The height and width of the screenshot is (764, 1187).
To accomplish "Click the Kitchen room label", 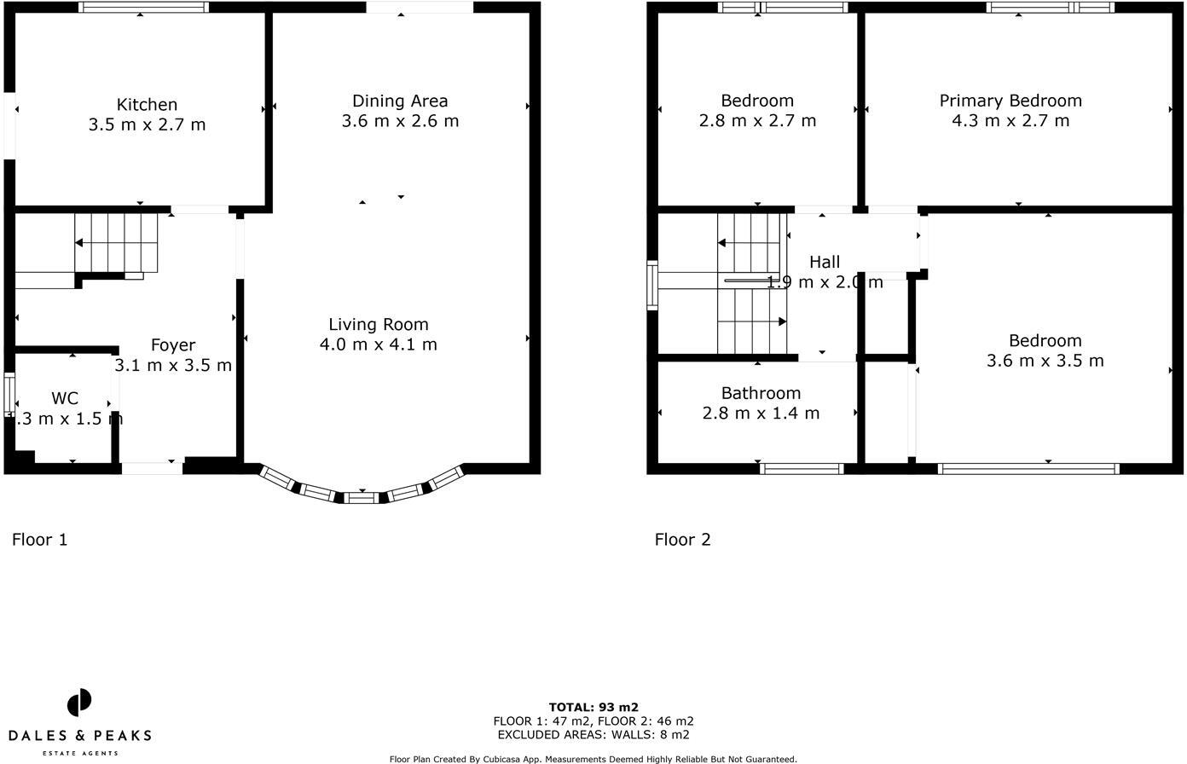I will coord(147,105).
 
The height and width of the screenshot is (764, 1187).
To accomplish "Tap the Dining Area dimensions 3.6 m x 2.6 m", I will coord(400,121).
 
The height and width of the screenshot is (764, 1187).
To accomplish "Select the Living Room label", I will coord(379,324).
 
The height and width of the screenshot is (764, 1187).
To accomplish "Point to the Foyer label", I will coord(173,345).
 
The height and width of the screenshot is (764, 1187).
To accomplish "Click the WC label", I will coord(65,398).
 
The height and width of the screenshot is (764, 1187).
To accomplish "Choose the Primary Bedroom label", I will coord(1010,101).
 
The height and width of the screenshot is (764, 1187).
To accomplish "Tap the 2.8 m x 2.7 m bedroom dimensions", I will coord(757,121).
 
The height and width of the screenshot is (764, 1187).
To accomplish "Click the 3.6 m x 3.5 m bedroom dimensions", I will coord(1045,361).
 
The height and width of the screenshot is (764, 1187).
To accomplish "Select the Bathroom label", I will coord(761,393).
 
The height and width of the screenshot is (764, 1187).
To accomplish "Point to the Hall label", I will coord(825,263).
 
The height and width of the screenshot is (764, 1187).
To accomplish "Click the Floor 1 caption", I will coord(39,540).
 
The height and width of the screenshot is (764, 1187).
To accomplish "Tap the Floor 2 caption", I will coord(682,540).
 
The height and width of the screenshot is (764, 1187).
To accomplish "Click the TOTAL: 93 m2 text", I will coord(593,707).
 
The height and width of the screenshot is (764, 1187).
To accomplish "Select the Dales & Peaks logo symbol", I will coord(79,704).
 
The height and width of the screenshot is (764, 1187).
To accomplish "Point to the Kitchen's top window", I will coord(143,8).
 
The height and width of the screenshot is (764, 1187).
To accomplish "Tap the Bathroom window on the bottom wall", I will coord(802,468).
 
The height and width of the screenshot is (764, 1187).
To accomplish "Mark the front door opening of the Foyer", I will coord(152,467).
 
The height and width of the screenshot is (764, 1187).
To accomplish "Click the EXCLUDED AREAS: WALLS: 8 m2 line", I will coord(593,734).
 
